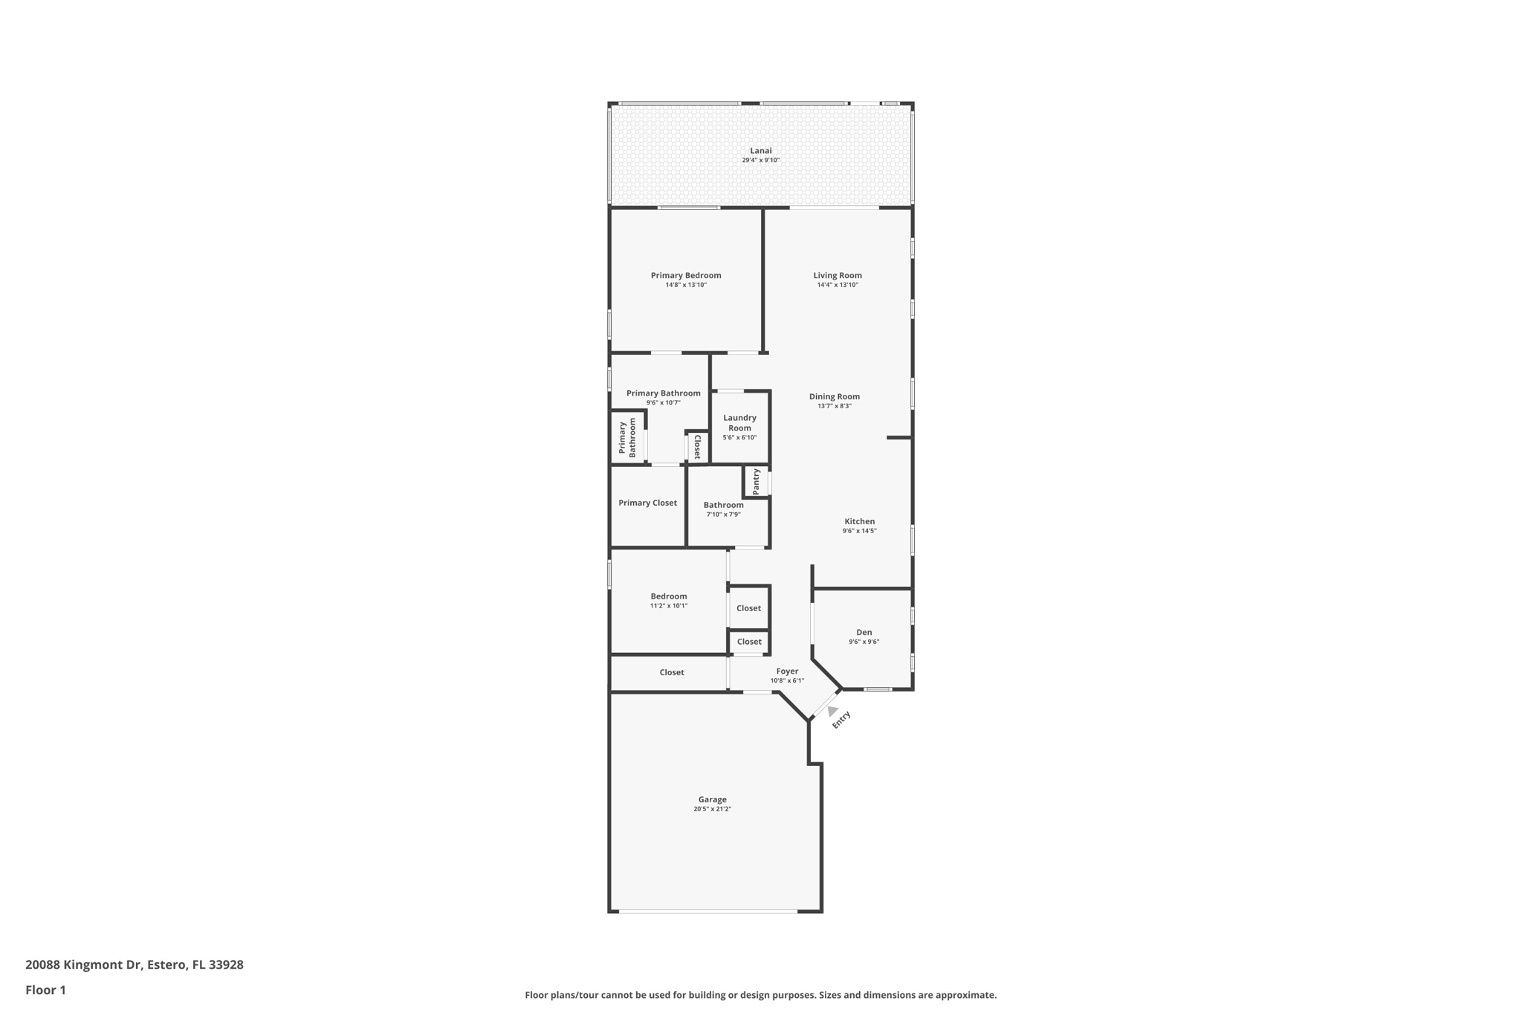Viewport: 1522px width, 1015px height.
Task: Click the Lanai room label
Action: (760, 151)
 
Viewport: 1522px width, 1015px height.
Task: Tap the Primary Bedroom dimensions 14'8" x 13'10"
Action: (686, 285)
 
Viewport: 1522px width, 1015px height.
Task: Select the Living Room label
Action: (838, 275)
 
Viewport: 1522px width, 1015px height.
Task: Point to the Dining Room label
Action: (834, 396)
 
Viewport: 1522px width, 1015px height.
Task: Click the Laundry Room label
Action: (739, 422)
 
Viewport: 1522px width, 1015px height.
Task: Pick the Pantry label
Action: (756, 481)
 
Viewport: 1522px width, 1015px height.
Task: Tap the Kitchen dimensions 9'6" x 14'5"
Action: (859, 531)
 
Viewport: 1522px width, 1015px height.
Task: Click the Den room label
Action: (864, 632)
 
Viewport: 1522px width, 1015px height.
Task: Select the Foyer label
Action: (787, 671)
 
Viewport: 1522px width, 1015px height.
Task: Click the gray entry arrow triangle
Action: (832, 711)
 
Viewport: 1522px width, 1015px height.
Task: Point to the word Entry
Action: (841, 720)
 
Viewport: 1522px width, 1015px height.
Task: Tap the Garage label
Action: (712, 799)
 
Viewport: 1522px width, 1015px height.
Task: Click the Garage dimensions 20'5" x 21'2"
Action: (712, 809)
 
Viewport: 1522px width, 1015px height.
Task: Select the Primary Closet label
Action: (647, 503)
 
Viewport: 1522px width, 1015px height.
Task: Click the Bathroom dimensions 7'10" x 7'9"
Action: (723, 515)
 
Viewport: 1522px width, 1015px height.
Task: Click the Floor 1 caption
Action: (45, 990)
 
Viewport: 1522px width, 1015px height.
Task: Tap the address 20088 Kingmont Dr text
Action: (83, 964)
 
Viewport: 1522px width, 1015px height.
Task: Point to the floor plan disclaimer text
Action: (760, 995)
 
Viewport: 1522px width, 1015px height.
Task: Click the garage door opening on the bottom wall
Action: (707, 911)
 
